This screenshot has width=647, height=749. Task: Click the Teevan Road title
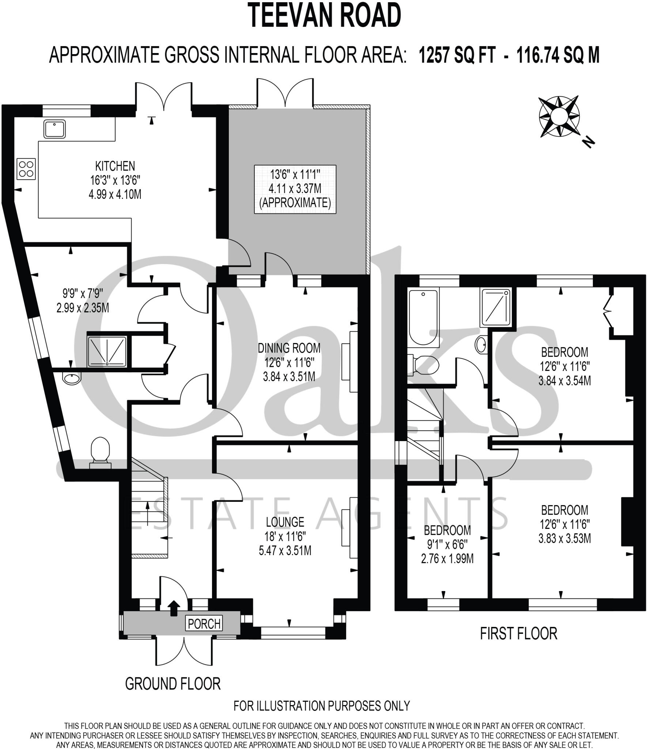(325, 16)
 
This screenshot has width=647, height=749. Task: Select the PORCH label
(204, 624)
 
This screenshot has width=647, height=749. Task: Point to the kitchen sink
(55, 129)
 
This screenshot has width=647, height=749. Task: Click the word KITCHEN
(115, 166)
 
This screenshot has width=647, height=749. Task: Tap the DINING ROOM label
(289, 348)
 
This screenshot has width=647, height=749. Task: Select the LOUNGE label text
(285, 522)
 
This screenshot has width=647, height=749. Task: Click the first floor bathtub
(423, 317)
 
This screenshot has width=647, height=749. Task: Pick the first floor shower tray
(496, 307)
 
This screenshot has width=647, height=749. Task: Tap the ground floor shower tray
(107, 351)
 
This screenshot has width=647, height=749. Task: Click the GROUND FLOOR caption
(173, 684)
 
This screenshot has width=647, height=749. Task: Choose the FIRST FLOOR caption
(518, 633)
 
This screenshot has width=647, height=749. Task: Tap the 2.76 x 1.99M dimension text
(447, 559)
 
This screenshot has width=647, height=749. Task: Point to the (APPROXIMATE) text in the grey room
(295, 202)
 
